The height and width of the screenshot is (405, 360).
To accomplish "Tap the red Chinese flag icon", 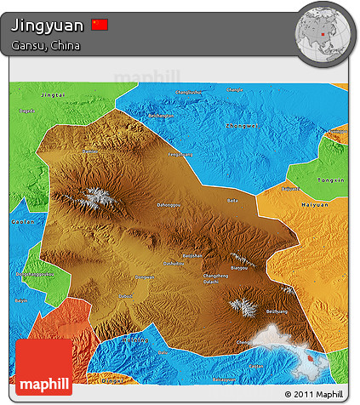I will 100,25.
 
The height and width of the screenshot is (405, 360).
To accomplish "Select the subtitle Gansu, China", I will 46,45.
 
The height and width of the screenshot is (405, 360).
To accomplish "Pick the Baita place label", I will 232,201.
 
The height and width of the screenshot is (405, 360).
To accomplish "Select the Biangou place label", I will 240,267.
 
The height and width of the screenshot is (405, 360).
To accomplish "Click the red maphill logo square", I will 44,366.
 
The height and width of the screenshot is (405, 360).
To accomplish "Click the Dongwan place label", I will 146,277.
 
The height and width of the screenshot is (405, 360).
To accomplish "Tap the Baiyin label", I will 21,301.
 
